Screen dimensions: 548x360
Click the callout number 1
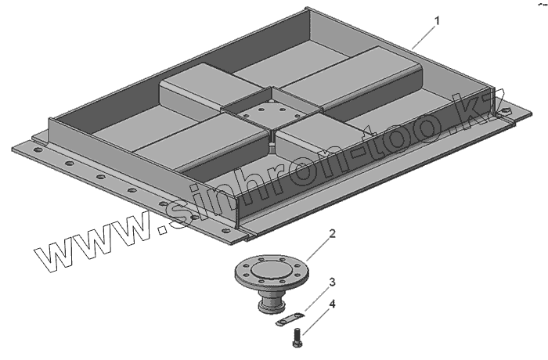coord(437,21)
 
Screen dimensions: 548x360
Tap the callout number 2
coord(332,233)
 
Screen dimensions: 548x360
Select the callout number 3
coord(332,282)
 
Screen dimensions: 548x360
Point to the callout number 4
coord(332,304)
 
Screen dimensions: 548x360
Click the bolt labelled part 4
coord(297,338)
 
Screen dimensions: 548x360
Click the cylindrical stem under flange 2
coord(272,301)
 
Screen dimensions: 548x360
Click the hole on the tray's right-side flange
coord(506,111)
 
